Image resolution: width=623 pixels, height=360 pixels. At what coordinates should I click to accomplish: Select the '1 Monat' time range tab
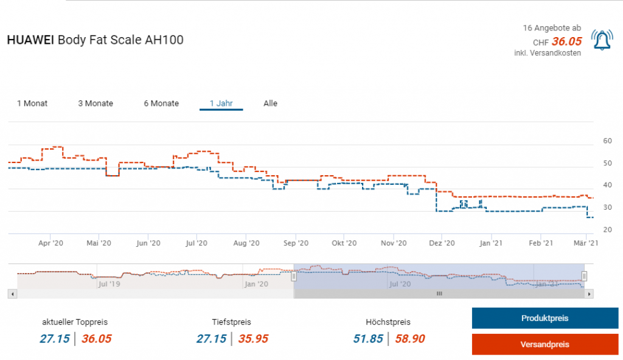[32, 103]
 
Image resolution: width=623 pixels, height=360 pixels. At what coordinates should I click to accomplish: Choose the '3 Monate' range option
[96, 103]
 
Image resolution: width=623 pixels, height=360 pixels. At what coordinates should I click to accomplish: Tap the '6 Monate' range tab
[161, 103]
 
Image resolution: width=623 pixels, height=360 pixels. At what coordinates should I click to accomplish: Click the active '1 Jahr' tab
[221, 103]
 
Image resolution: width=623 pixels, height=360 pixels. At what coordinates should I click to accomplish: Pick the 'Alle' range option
[270, 103]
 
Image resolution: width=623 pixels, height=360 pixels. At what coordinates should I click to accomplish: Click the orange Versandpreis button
[545, 344]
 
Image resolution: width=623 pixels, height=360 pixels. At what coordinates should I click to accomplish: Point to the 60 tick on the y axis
[607, 141]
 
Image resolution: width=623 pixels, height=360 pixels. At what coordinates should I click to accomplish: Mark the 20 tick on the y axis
[607, 230]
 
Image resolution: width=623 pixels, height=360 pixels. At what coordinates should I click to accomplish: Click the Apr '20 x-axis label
[51, 243]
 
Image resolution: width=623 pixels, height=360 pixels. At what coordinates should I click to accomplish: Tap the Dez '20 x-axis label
[442, 243]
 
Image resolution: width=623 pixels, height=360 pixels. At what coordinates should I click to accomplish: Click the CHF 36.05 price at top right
[566, 42]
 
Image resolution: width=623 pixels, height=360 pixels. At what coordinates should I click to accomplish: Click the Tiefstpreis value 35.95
[253, 339]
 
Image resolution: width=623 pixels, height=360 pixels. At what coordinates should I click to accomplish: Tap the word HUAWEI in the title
[30, 40]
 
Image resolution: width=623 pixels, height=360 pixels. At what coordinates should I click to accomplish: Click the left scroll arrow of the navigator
[12, 294]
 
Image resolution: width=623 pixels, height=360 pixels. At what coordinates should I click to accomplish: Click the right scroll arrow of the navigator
[589, 294]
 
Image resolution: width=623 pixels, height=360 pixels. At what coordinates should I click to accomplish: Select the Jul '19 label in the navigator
[110, 283]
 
